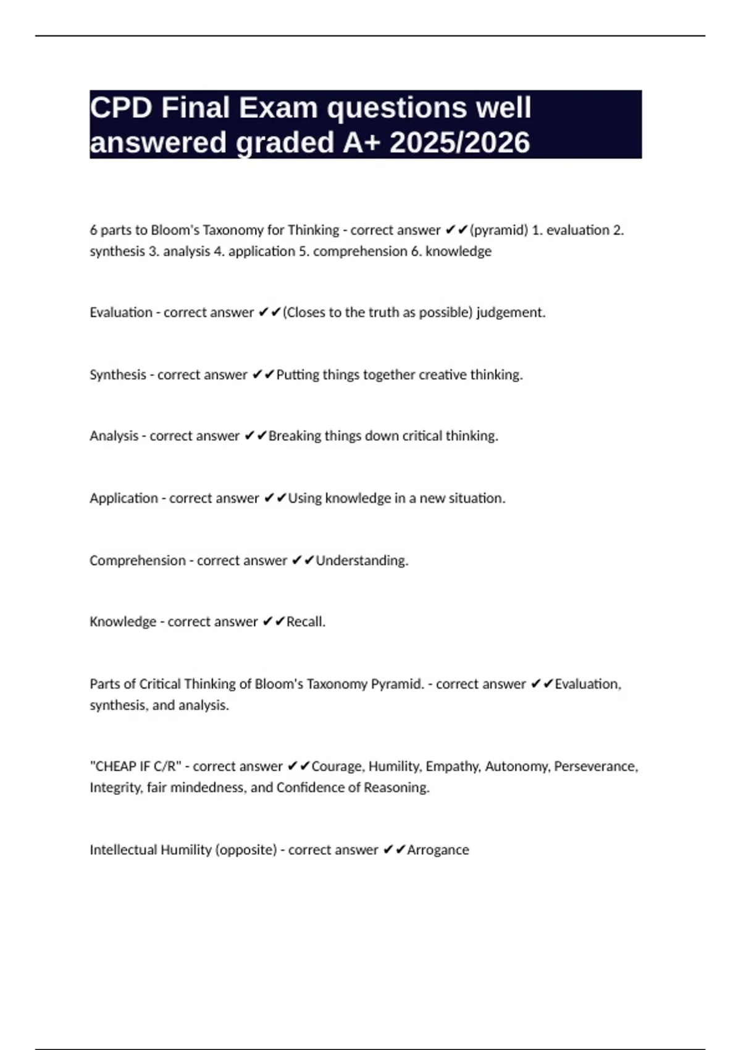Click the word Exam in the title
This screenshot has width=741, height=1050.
pos(278,108)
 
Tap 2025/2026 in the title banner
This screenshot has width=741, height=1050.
pos(460,143)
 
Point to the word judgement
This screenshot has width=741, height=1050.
pos(511,313)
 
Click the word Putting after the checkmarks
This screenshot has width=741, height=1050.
pos(298,375)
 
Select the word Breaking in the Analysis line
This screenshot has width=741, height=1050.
pos(295,436)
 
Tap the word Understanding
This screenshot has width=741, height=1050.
pos(362,561)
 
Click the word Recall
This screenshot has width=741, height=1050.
pos(306,622)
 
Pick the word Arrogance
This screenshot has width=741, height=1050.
pos(438,850)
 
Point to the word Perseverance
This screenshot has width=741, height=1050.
pos(596,766)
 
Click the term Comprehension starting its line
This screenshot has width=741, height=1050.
pos(137,561)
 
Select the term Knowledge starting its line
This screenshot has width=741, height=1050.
pos(123,622)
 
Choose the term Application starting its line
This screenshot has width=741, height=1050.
pos(124,498)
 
